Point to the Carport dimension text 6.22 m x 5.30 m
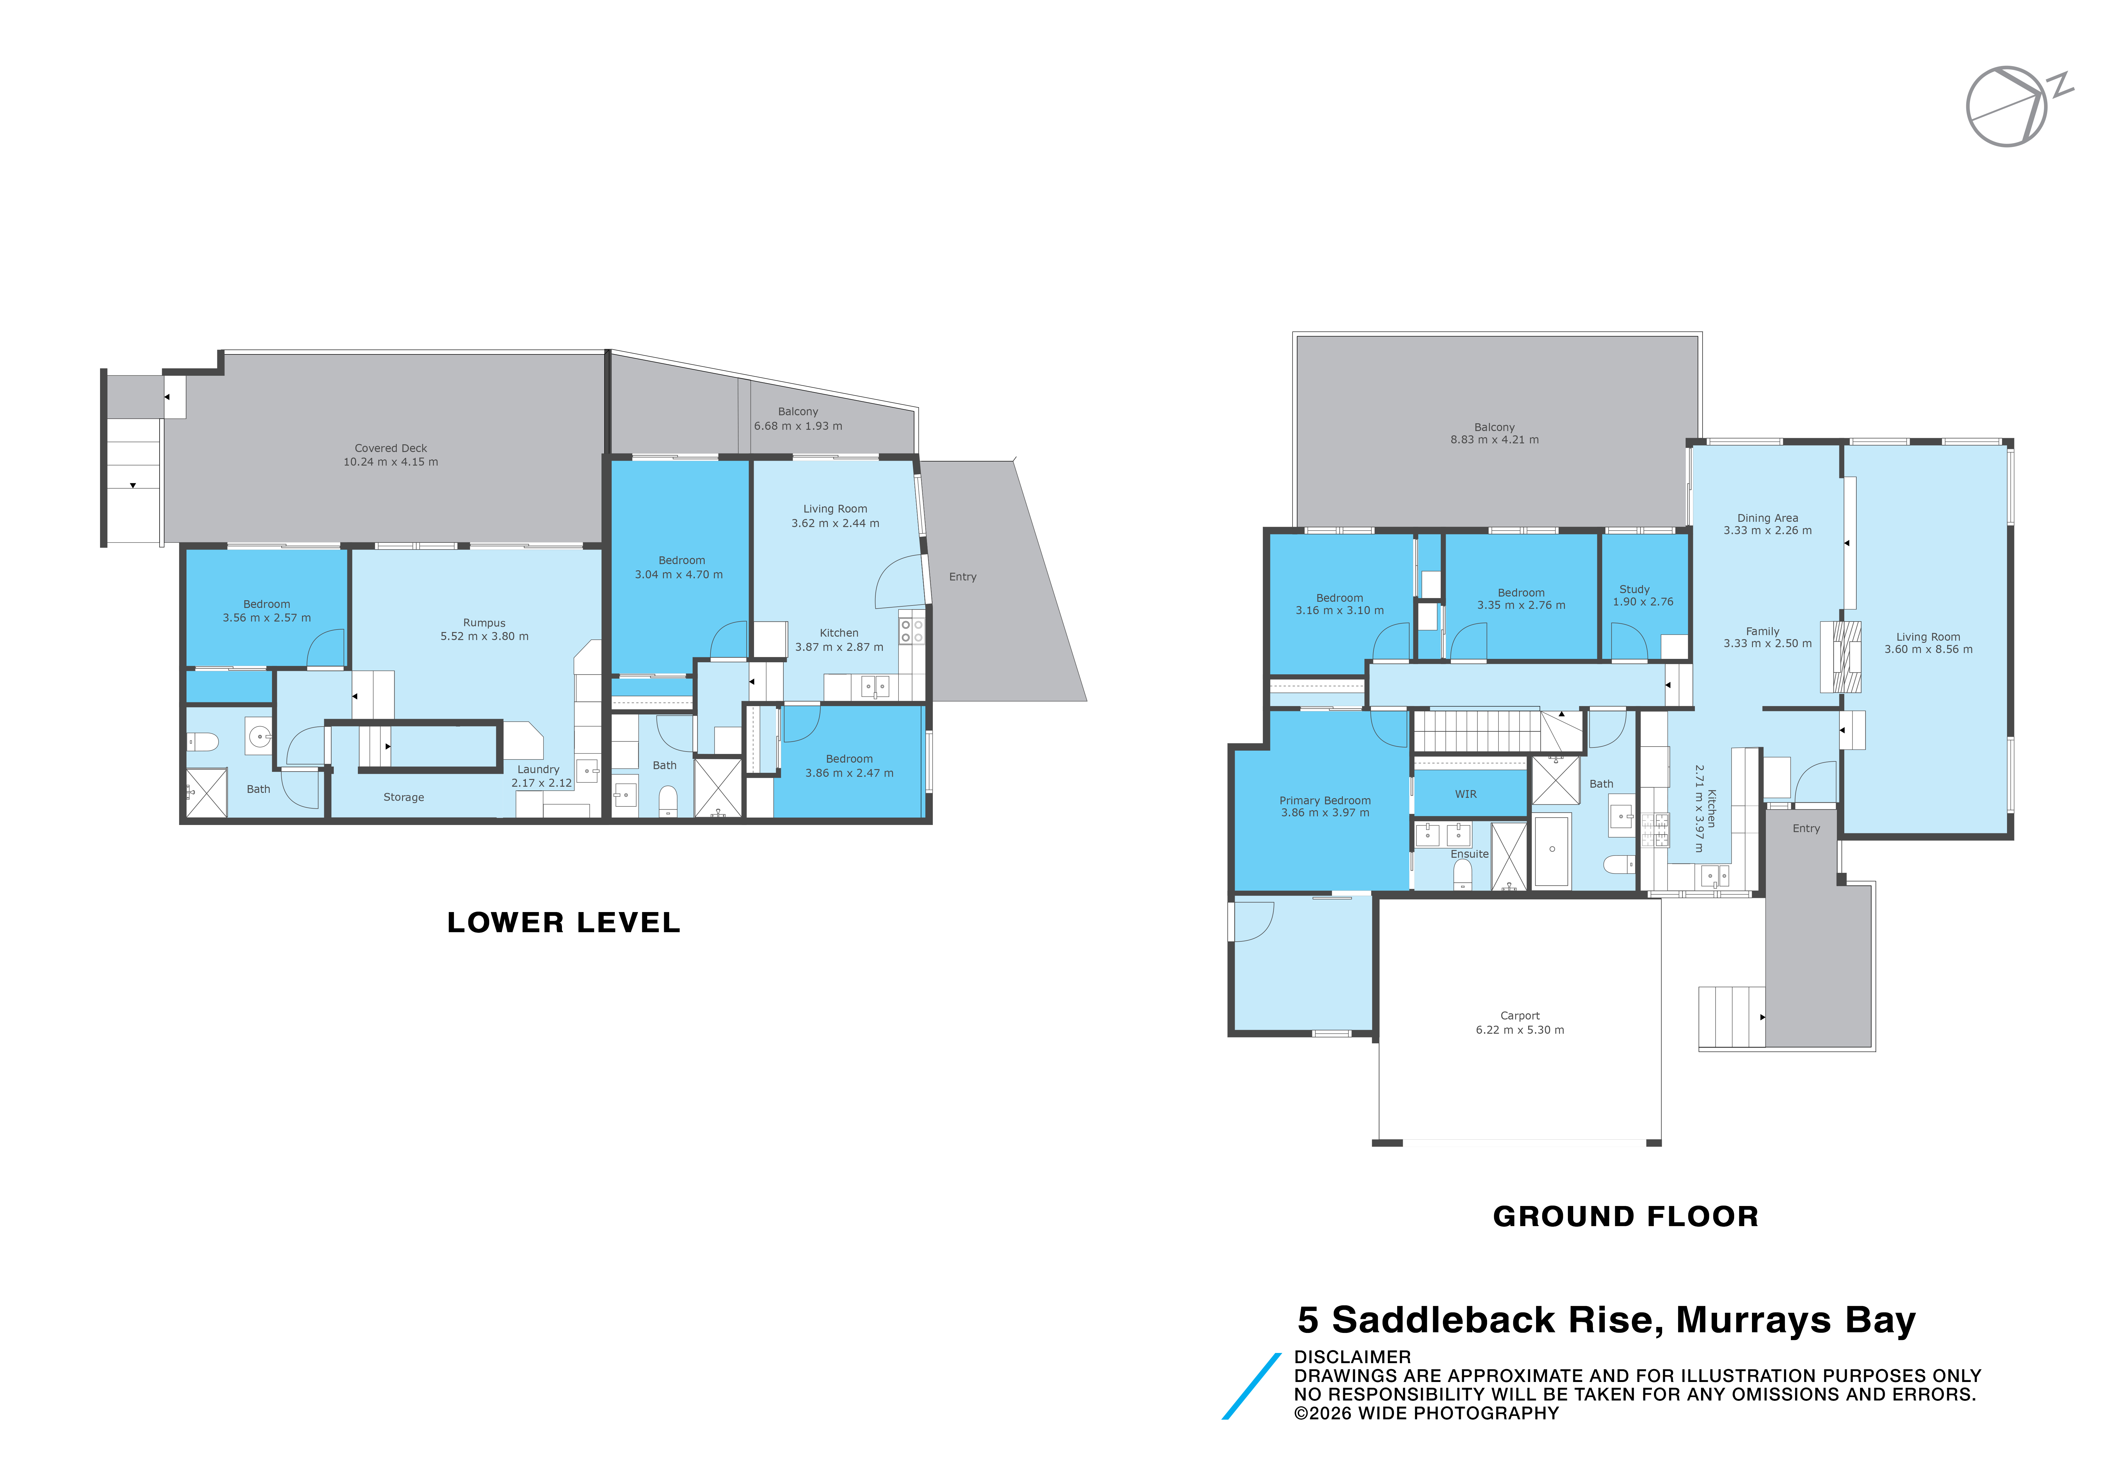(x=1519, y=1030)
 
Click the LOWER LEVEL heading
(x=563, y=923)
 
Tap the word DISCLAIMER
(x=1352, y=1357)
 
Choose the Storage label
(x=404, y=798)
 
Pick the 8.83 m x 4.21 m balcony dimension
(x=1495, y=440)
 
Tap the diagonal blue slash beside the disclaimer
(x=1251, y=1386)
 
